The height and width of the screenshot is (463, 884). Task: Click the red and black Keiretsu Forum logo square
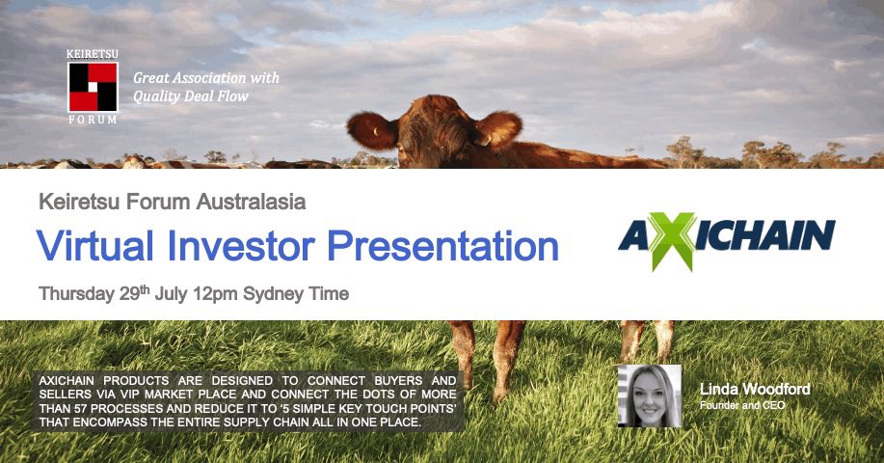point(93,87)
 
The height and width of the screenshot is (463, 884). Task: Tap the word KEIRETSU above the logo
point(93,55)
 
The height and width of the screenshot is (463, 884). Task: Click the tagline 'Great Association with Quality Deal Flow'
point(205,86)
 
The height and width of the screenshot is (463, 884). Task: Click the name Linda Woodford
point(755,390)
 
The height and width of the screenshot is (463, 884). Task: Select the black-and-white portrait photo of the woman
point(649,395)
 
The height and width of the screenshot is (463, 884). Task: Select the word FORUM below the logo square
point(93,120)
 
